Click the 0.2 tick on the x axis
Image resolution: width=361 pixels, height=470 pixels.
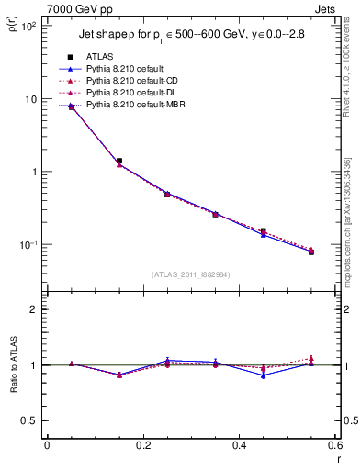tap(142, 445)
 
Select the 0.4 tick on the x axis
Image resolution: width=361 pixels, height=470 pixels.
tap(239, 445)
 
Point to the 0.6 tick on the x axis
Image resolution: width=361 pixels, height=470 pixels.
tap(333, 445)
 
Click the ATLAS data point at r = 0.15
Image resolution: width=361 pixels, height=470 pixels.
tap(119, 161)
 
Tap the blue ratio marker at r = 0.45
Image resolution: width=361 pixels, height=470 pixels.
tap(263, 375)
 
